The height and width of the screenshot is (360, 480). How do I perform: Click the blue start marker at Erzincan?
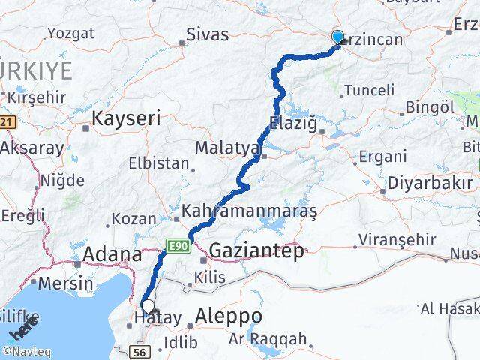[337, 37]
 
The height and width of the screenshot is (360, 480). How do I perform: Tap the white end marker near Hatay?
[149, 305]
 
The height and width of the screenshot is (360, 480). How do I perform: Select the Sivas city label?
[208, 34]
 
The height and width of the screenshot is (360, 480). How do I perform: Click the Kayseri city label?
[126, 118]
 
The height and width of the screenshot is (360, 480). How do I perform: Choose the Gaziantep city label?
[256, 250]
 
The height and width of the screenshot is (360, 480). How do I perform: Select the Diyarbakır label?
[430, 183]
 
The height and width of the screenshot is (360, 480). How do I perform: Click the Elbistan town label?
[154, 162]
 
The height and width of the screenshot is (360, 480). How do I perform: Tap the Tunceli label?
[368, 90]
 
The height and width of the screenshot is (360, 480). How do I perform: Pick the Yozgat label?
[70, 33]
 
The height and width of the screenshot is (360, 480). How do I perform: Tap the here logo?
[22, 330]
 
